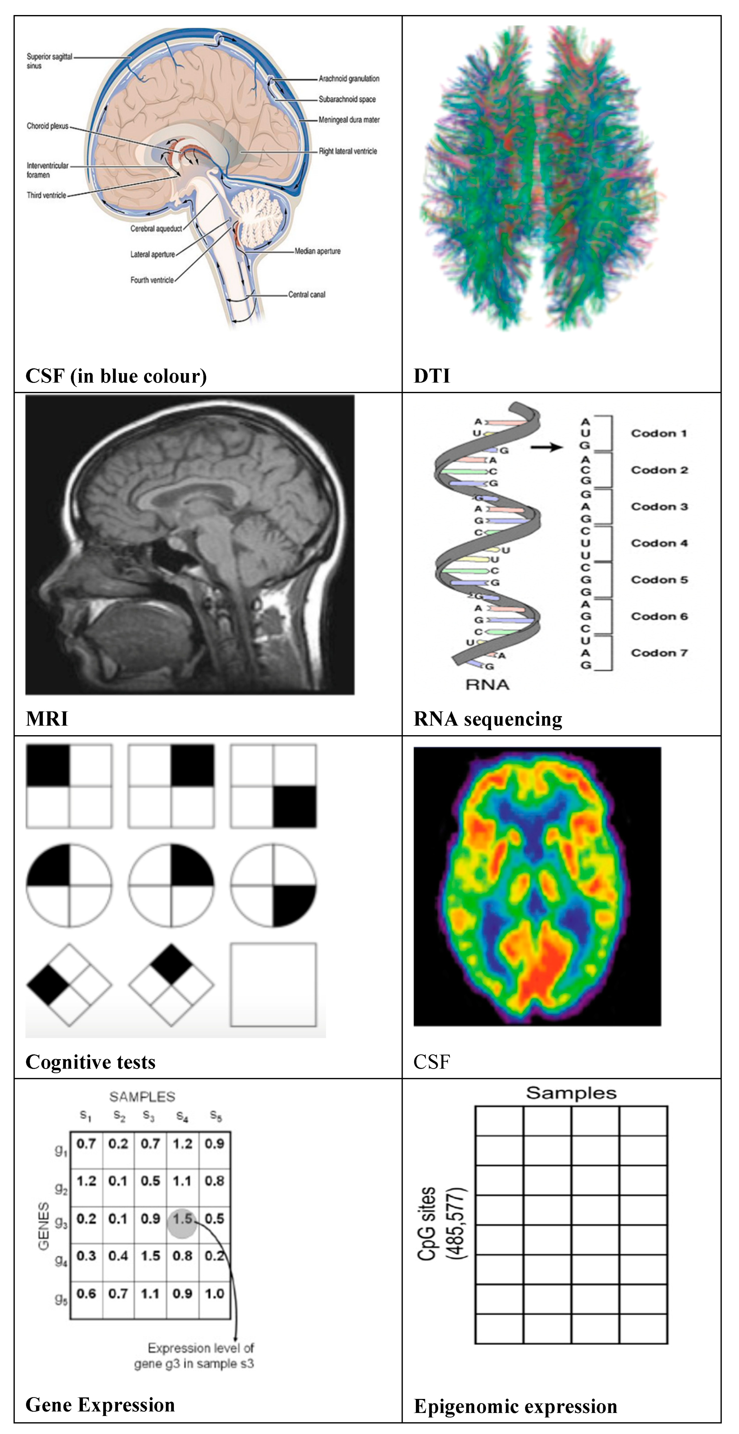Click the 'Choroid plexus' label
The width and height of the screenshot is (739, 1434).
(x=47, y=126)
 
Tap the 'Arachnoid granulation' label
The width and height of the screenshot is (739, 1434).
(x=349, y=79)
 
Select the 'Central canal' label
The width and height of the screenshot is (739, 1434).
(x=307, y=294)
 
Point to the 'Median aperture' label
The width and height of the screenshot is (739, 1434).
(x=317, y=251)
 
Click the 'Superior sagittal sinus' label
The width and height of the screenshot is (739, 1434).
(x=49, y=61)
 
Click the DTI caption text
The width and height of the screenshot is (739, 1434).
(x=432, y=376)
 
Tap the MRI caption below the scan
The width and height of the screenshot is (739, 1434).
(x=47, y=719)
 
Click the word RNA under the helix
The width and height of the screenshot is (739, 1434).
(x=488, y=685)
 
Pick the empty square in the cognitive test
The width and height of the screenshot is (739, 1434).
(x=273, y=985)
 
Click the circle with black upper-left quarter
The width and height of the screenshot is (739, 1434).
(x=69, y=886)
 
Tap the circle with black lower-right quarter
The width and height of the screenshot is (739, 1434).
(x=273, y=886)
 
